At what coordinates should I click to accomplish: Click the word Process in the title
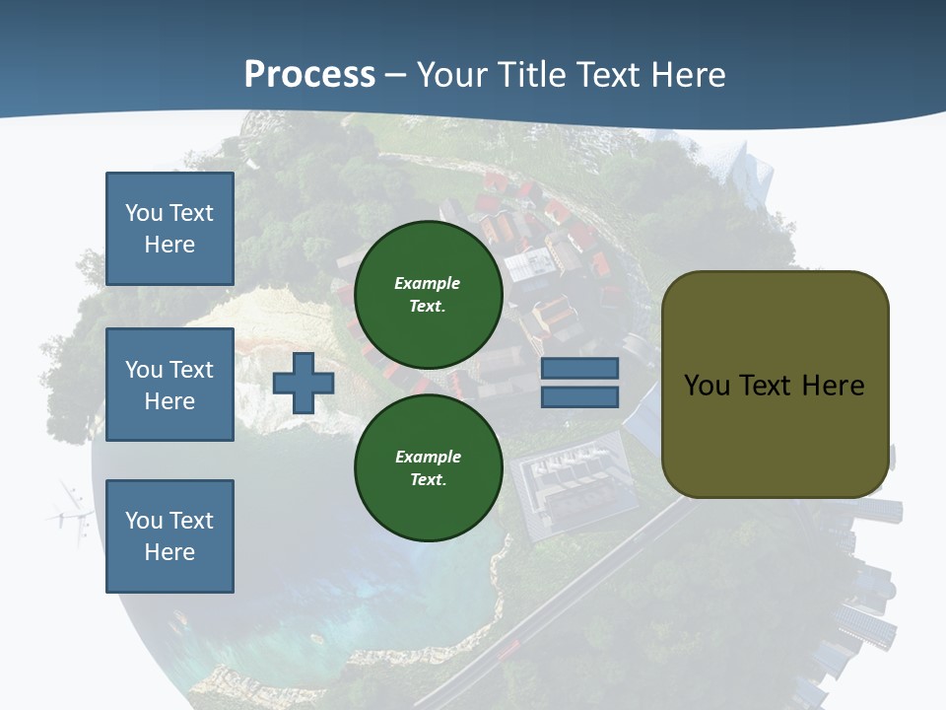309,75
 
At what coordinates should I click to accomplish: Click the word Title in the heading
532,75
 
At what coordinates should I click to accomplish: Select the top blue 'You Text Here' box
169,229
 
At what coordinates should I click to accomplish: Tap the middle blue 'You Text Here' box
169,385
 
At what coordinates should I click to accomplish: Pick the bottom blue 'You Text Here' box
169,536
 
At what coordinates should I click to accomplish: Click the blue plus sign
303,383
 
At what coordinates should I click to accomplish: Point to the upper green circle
428,295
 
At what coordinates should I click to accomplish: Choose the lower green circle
428,468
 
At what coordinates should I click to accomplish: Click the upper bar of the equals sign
579,368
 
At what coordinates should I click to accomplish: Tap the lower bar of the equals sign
579,396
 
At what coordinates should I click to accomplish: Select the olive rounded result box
775,385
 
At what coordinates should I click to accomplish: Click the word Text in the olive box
770,385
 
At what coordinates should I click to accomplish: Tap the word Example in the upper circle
428,283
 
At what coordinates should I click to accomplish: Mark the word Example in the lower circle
428,457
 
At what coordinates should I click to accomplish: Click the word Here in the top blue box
169,245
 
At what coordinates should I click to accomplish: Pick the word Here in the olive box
834,385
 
